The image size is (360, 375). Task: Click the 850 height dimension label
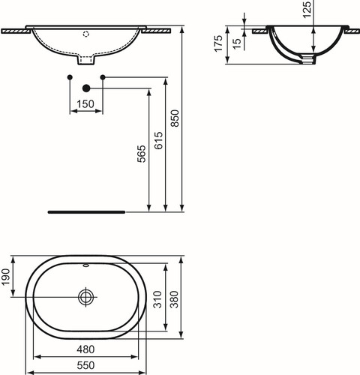(x=175, y=118)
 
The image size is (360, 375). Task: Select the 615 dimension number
(x=158, y=140)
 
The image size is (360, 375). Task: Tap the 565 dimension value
(x=142, y=154)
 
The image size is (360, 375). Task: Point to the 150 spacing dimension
(x=85, y=104)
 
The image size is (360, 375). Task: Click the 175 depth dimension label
(x=218, y=43)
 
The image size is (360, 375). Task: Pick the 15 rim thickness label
(x=237, y=43)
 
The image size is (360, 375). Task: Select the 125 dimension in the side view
(x=307, y=10)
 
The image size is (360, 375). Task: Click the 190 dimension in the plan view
(x=5, y=277)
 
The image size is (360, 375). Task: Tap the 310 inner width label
(x=158, y=299)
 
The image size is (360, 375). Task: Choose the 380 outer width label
(x=175, y=299)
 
